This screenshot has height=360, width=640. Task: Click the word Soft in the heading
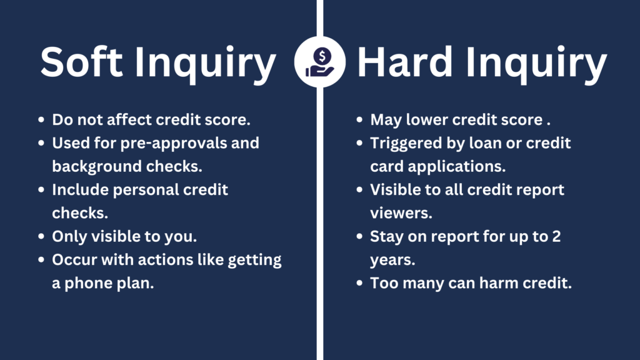82,61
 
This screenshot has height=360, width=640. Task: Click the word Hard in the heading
404,61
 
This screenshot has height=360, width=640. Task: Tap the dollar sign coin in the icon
322,56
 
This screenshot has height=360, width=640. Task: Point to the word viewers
401,213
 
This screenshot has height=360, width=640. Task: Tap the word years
392,260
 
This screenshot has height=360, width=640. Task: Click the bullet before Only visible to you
41,237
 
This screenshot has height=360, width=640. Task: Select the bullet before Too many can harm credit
359,283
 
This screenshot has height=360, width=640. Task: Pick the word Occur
74,260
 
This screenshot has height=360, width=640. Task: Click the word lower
426,120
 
